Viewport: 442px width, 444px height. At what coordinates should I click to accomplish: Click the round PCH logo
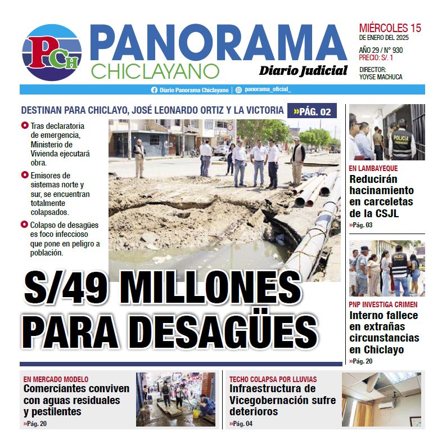[52, 53]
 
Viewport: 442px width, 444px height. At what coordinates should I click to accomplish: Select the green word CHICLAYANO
[154, 71]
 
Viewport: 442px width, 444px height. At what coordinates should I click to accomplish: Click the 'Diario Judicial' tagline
[303, 70]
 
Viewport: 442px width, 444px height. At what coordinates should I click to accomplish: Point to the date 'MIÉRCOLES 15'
[390, 28]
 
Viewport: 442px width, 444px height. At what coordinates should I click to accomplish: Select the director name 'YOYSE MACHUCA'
[381, 77]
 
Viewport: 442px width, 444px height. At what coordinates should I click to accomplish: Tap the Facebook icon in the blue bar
[154, 90]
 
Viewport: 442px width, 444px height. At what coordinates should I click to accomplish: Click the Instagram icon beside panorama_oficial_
[238, 90]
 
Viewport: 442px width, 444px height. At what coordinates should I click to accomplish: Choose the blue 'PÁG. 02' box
[312, 111]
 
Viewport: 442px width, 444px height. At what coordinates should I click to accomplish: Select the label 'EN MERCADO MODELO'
[56, 379]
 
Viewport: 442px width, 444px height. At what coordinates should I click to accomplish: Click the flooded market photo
[175, 399]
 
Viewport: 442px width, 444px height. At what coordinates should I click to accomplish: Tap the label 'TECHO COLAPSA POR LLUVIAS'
[273, 379]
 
